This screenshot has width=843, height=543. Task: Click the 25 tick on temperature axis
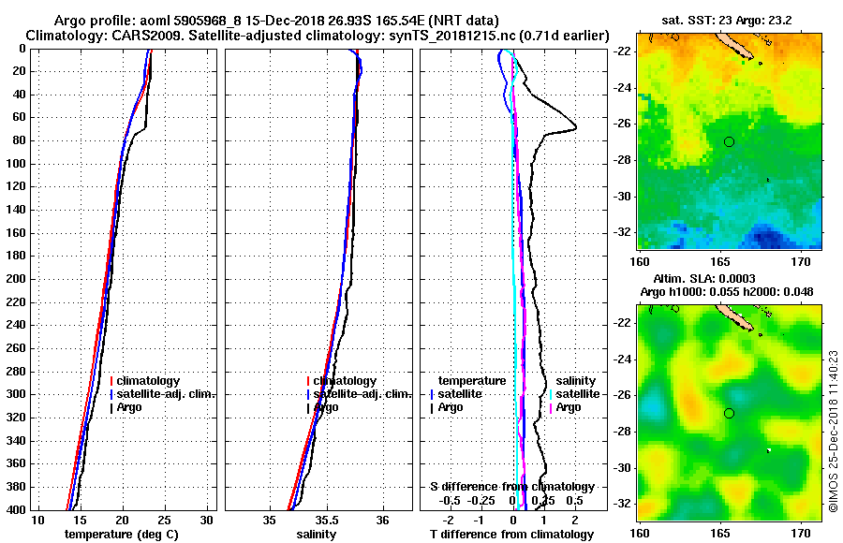(164, 520)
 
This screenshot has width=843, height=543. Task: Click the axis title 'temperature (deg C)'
(122, 534)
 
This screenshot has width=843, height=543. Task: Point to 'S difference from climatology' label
(511, 487)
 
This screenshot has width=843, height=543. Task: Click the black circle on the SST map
(729, 141)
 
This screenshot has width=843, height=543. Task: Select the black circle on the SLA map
(729, 413)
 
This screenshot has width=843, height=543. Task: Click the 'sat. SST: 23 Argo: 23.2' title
(731, 20)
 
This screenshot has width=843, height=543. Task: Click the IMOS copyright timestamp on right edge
(833, 440)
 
